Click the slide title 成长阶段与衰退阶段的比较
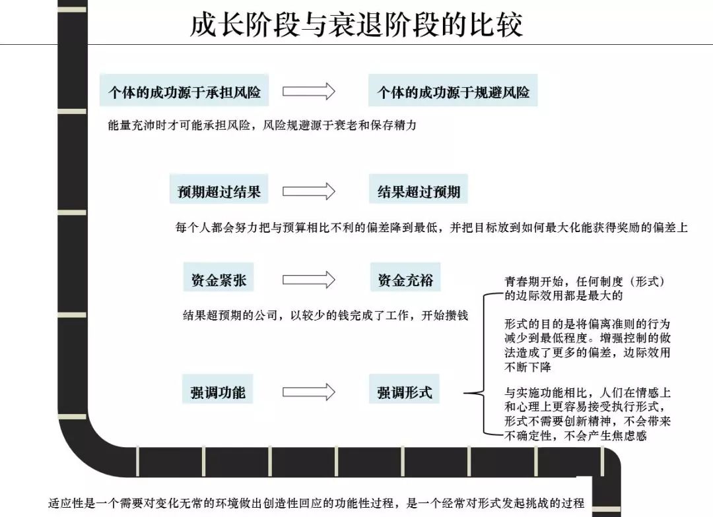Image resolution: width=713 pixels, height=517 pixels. [356, 25]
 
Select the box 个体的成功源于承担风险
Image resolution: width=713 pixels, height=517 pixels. [184, 92]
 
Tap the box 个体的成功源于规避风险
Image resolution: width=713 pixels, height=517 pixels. [453, 92]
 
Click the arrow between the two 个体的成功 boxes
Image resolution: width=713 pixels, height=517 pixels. [309, 92]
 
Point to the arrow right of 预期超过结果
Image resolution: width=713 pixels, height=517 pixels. [309, 192]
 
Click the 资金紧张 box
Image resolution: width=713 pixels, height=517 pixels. [219, 280]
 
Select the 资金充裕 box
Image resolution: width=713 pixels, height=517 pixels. [405, 280]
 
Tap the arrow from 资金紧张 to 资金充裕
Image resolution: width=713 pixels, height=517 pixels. [309, 280]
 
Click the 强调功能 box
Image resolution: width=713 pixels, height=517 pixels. [217, 392]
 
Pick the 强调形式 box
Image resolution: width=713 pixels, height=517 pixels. [405, 392]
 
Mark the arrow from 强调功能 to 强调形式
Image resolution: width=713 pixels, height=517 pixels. [309, 392]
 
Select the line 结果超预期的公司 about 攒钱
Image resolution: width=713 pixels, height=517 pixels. [325, 315]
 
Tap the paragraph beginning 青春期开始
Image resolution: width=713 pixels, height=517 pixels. [584, 288]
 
